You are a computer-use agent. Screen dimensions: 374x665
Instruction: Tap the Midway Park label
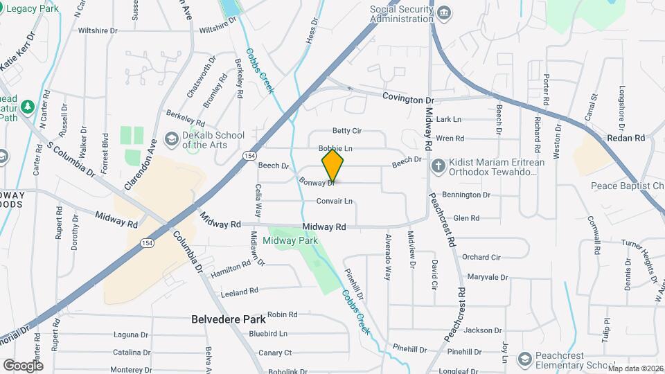[290, 241]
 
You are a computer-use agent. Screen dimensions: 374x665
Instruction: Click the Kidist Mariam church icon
[438, 166]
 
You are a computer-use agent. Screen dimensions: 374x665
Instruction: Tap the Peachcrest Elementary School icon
[524, 359]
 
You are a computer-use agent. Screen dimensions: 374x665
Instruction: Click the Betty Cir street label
[347, 130]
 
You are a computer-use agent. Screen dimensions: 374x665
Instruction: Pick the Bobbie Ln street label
[336, 149]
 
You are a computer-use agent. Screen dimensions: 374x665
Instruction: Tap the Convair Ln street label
[335, 202]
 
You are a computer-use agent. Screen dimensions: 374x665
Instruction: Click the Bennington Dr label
[465, 195]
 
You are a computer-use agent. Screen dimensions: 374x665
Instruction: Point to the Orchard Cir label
[481, 257]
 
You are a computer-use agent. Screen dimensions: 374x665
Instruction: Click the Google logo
[23, 365]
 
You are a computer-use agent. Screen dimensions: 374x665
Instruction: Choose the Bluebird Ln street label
[268, 333]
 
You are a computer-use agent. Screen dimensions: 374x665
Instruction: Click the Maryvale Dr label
[487, 277]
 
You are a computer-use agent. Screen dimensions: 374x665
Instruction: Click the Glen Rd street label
[465, 218]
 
